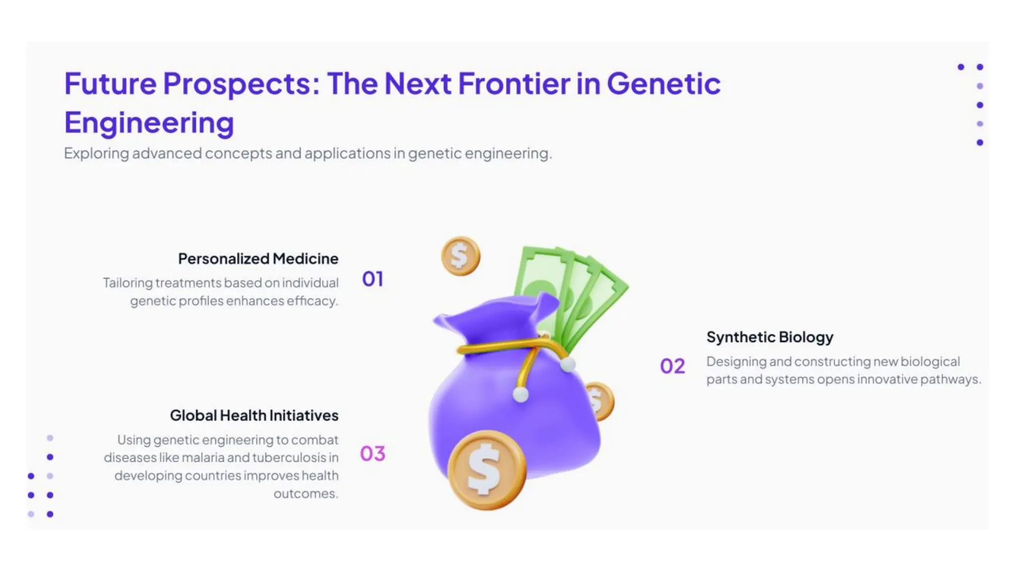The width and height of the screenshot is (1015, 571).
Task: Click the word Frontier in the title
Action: (x=513, y=83)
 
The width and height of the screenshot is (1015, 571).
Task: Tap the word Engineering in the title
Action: (x=149, y=123)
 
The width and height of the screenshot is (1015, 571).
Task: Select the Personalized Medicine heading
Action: (x=258, y=259)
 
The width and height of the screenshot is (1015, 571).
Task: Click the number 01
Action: (x=373, y=279)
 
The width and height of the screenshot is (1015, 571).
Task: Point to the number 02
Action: (x=673, y=366)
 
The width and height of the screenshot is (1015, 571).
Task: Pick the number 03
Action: (x=373, y=454)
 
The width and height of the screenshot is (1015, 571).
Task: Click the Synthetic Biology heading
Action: (x=770, y=337)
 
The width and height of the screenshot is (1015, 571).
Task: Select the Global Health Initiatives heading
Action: (x=254, y=415)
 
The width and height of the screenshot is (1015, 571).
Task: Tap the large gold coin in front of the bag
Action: (x=486, y=470)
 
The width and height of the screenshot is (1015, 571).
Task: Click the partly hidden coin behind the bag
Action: (x=601, y=400)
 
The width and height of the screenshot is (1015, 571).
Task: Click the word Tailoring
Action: (x=128, y=283)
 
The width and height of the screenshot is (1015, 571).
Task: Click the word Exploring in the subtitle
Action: (x=96, y=154)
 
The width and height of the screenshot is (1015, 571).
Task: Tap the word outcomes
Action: (x=305, y=494)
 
